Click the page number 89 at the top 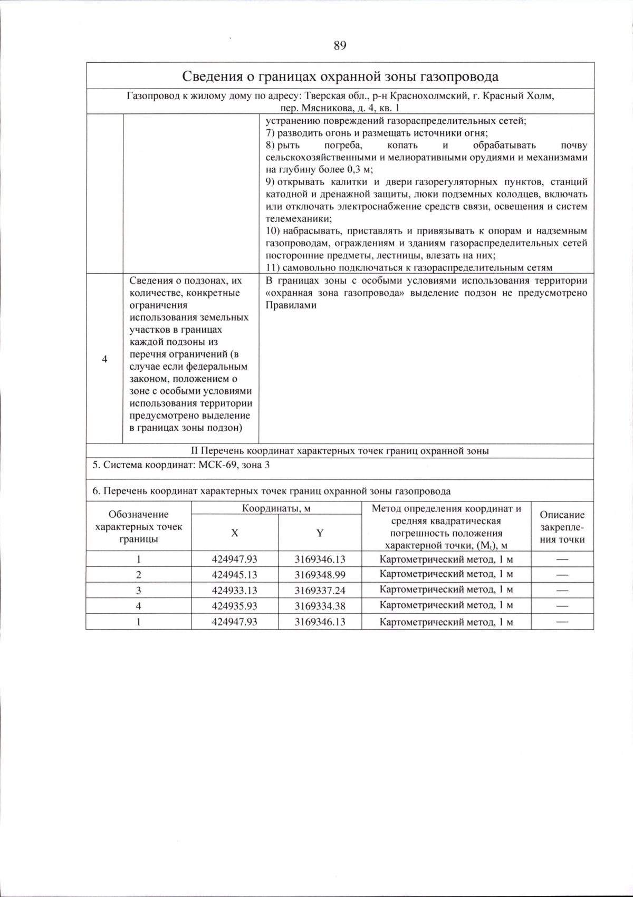coord(340,46)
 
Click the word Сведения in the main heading coord(213,76)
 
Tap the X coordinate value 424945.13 coord(234,575)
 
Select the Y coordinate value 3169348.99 coord(320,575)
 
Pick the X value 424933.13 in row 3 coord(234,591)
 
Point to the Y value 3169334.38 coord(320,606)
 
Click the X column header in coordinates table coord(234,533)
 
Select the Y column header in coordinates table coord(320,533)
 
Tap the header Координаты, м coord(276,508)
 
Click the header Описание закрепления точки coord(562,527)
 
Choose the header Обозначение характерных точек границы coord(138,527)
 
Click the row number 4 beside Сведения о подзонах coord(104,359)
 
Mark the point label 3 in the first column coord(138,591)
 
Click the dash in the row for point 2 coord(562,575)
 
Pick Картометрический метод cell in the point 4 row coord(446,606)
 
